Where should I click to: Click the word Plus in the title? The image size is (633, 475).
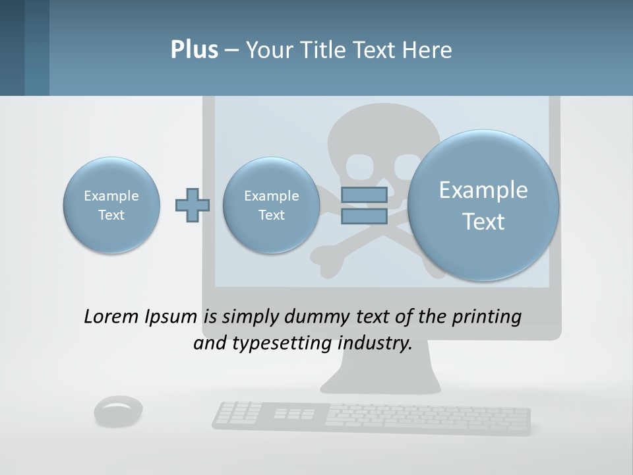click(194, 50)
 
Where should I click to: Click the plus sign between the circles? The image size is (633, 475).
click(193, 205)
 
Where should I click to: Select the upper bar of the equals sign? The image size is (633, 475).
click(363, 195)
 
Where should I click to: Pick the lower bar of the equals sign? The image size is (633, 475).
click(363, 216)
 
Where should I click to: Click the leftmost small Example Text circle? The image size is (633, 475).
click(111, 205)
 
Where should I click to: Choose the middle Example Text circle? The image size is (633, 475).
click(271, 205)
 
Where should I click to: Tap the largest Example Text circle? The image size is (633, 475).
click(483, 205)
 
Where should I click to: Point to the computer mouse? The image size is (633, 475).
click(119, 410)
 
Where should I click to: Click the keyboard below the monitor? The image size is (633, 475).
click(371, 416)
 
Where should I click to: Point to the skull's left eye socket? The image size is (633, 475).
click(361, 166)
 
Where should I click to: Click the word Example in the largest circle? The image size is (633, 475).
click(483, 190)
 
